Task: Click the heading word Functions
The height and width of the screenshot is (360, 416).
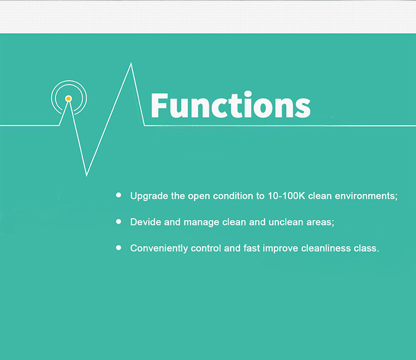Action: [231, 105]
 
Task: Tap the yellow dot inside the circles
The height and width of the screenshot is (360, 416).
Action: [68, 99]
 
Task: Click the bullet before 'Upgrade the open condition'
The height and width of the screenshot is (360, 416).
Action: [119, 195]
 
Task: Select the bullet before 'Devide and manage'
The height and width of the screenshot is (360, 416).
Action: [119, 221]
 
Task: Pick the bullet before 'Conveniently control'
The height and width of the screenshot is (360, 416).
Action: [119, 248]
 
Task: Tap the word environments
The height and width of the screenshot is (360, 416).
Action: [366, 196]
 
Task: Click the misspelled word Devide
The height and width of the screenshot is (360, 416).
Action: [146, 222]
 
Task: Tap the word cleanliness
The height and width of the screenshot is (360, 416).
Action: [326, 248]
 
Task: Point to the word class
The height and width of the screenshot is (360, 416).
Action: [366, 249]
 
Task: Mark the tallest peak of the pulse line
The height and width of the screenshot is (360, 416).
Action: [131, 63]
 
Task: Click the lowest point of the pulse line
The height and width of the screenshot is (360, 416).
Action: [86, 175]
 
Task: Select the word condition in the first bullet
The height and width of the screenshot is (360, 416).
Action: [233, 196]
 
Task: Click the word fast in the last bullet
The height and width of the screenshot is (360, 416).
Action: [252, 248]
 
